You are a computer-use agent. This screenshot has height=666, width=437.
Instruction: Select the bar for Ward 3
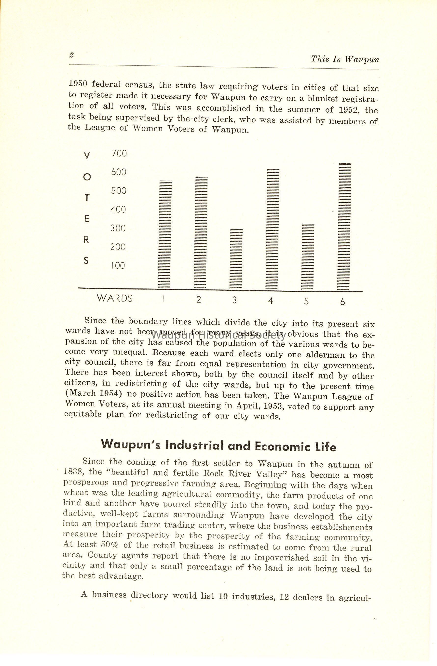coord(236,259)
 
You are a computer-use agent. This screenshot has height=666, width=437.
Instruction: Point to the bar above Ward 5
coord(308,257)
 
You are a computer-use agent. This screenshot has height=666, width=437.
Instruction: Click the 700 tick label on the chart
coord(119,153)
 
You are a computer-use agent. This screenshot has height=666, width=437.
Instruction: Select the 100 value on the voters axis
coord(118,265)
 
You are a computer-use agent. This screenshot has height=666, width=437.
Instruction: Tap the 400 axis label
coord(118,209)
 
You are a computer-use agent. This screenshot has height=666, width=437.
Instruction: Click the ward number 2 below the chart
coord(199,300)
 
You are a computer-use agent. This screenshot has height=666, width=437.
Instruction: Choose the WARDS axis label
coord(115,298)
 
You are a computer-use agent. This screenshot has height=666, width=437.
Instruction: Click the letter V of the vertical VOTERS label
coord(87,156)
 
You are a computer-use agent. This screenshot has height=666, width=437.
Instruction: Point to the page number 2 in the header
coord(71,55)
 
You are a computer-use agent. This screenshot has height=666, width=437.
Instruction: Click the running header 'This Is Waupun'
coord(345,59)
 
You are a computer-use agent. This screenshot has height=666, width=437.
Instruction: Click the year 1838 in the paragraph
coord(74,471)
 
